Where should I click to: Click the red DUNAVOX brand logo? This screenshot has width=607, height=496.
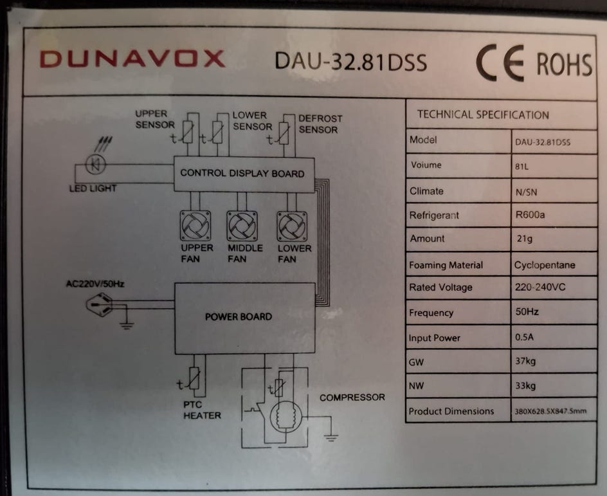pos(132,59)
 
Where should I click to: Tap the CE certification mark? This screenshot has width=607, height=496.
pos(500,63)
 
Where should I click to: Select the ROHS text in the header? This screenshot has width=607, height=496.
pos(564,64)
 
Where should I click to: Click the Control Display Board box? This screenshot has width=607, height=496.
pos(244,174)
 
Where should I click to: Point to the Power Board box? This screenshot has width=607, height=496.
pos(244,318)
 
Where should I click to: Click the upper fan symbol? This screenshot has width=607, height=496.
pos(195,225)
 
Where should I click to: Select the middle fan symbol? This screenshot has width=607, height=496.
pos(242,226)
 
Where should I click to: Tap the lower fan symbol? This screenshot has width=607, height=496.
pos(293,226)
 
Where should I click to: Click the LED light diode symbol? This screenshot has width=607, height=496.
pos(95,164)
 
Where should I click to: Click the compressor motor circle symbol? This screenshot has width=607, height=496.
pos(286,418)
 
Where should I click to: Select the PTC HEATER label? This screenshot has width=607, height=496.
pos(202,410)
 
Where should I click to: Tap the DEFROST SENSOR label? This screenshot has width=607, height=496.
pos(320,124)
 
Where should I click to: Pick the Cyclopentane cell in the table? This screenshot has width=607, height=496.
pos(545,265)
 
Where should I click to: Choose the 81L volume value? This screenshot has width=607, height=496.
pos(521,167)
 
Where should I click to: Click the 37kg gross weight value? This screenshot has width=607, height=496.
pos(525,362)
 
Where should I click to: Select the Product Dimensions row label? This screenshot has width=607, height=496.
pos(451,411)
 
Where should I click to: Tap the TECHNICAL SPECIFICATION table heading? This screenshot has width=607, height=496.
pos(483,115)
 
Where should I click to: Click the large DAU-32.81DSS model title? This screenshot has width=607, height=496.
pos(350,62)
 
